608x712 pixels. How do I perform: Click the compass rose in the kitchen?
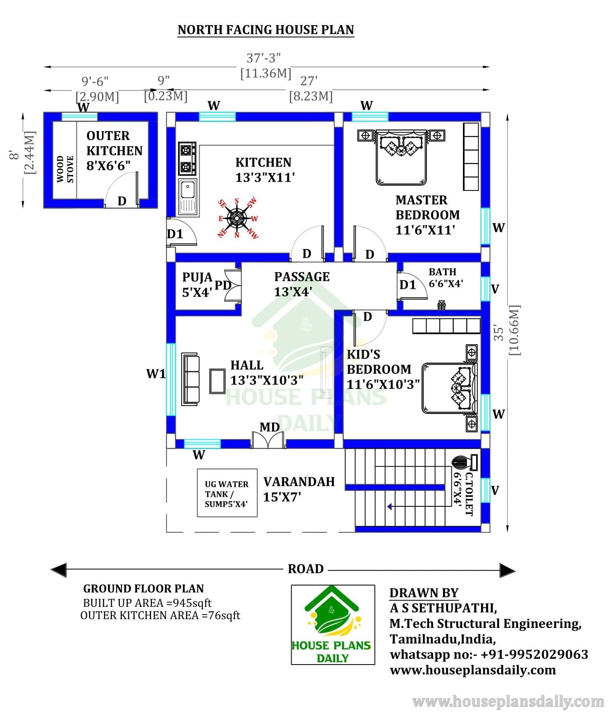237,218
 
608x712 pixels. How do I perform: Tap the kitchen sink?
188,197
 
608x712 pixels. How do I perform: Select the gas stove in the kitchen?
187,159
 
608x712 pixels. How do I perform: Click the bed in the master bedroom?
401,157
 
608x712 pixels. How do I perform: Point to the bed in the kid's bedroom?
450,388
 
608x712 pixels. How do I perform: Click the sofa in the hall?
190,379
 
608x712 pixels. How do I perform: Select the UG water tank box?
227,493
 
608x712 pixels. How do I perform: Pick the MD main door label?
270,428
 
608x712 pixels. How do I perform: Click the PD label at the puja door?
223,285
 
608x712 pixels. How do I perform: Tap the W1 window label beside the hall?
156,374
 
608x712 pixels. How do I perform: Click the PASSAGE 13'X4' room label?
302,284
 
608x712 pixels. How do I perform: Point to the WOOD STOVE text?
65,169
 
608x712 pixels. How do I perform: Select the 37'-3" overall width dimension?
264,58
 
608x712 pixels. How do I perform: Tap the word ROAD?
306,569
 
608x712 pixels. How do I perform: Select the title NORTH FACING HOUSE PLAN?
266,30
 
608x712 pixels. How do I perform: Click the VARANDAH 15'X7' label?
299,489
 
